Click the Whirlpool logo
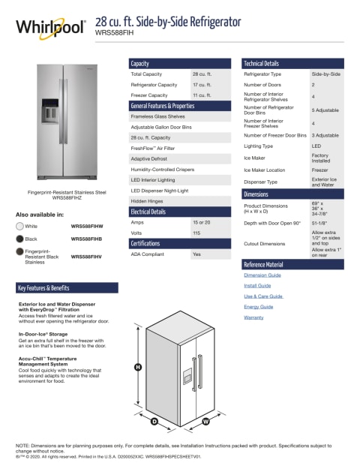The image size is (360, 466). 50,29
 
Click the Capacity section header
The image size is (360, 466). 140,64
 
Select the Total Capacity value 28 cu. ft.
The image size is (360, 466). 201,74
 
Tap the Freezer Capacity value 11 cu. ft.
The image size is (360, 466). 201,95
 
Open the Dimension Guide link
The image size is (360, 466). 262,275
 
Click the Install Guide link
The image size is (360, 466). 257,286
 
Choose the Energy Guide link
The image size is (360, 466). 258,307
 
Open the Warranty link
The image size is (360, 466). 253,317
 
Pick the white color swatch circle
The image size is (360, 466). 19,225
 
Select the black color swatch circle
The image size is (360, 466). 19,238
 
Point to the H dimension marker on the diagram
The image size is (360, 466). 138,367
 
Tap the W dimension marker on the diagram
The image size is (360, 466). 205,422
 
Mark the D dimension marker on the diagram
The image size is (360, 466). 154,422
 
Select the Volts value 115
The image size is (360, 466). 196,233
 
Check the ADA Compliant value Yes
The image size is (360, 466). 196,254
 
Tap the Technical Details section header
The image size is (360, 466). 261,64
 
